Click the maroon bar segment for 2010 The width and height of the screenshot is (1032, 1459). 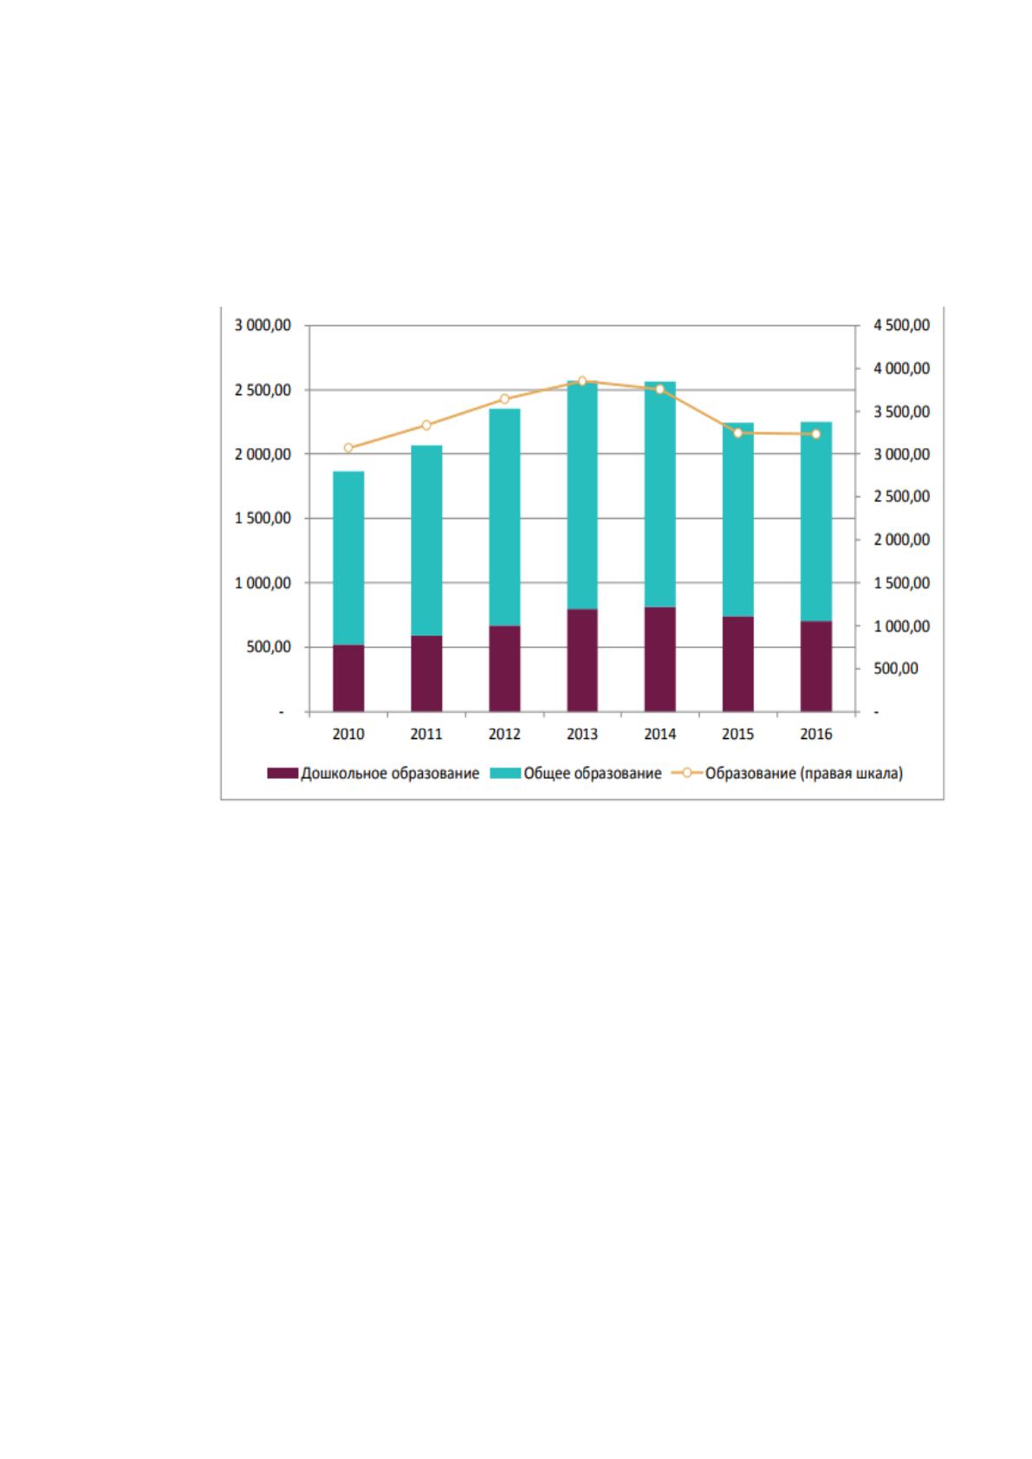point(348,678)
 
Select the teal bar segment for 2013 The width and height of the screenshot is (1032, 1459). point(581,495)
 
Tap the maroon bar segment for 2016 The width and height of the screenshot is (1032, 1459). point(815,666)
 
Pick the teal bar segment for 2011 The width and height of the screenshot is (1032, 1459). point(426,541)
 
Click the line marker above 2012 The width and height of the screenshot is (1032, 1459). point(504,399)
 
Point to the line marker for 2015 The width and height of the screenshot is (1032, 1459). point(737,433)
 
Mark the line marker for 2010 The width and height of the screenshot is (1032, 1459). point(348,447)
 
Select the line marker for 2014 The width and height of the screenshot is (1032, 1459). point(659,390)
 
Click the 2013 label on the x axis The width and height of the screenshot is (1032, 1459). point(581,734)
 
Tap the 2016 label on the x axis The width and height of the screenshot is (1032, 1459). point(815,734)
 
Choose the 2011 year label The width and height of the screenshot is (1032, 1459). point(426,734)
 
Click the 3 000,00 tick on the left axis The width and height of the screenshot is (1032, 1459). point(263,325)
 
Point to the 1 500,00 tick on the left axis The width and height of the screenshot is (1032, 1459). point(263,518)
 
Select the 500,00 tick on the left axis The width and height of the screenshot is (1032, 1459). point(269,647)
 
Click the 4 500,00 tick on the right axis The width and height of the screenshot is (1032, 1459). point(902,325)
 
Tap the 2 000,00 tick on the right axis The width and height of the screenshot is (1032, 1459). point(902,539)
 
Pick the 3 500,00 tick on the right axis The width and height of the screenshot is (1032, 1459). point(902,412)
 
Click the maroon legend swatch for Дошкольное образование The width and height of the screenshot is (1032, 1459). point(282,773)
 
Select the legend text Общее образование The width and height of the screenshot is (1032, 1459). point(592,773)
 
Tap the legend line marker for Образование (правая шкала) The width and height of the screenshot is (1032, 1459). point(686,773)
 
